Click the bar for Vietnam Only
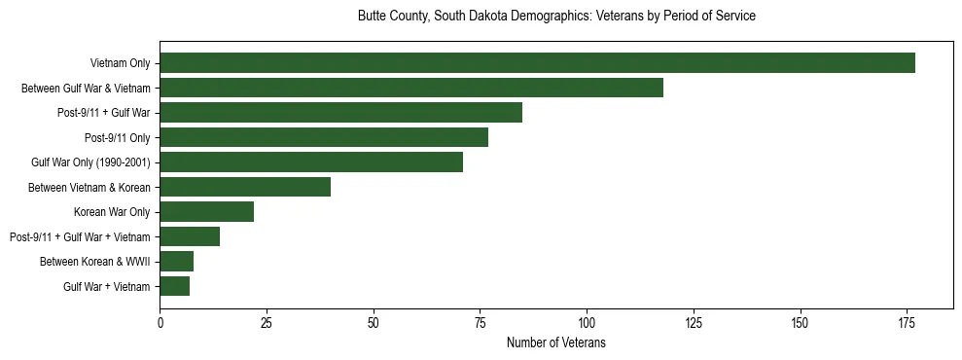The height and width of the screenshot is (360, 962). coord(537,63)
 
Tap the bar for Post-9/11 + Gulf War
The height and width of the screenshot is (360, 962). coord(340,113)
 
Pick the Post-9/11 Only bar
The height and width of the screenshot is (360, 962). coord(324,137)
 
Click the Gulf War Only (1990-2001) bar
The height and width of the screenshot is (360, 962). coord(311,162)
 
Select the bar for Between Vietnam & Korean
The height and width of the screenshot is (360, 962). coord(245,187)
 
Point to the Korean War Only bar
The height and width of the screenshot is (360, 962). coord(207,212)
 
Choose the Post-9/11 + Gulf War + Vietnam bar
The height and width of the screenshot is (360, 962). coord(190,236)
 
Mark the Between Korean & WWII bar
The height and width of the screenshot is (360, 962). coord(177,262)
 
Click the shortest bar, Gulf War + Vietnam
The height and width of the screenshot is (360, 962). coord(175,286)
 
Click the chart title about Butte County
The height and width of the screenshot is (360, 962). coord(556,17)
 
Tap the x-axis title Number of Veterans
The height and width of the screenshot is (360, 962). coord(556,342)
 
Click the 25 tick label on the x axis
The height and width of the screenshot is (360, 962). coord(267,322)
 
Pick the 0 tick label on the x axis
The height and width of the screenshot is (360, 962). coord(160,322)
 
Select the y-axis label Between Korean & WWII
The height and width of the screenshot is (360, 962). coord(95,262)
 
